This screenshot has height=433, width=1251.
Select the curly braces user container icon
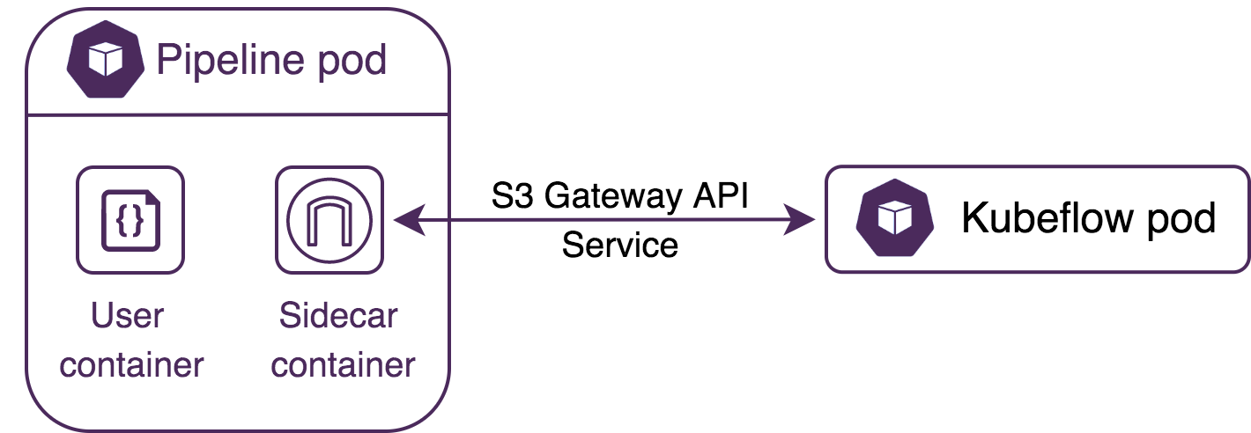pyautogui.click(x=130, y=220)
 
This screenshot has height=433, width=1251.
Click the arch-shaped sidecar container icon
pyautogui.click(x=329, y=220)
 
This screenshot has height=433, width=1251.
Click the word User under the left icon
pyautogui.click(x=128, y=316)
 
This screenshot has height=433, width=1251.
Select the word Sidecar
pyautogui.click(x=338, y=316)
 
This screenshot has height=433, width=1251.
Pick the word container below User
pyautogui.click(x=132, y=363)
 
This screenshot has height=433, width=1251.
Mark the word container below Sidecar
pyautogui.click(x=344, y=363)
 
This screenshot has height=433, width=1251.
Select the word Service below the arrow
pyautogui.click(x=620, y=244)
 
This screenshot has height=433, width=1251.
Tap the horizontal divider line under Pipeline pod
pyautogui.click(x=238, y=114)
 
